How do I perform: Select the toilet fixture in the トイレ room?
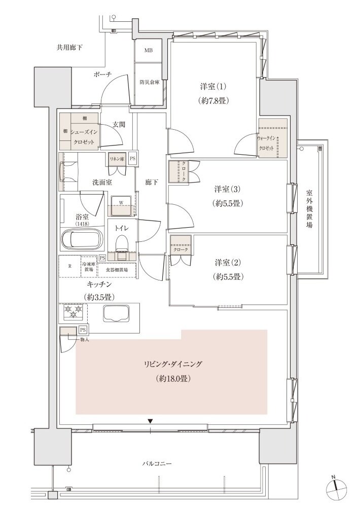(122, 246)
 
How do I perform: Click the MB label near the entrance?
(148, 51)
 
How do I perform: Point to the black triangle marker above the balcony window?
(150, 421)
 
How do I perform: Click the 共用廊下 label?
(69, 48)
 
